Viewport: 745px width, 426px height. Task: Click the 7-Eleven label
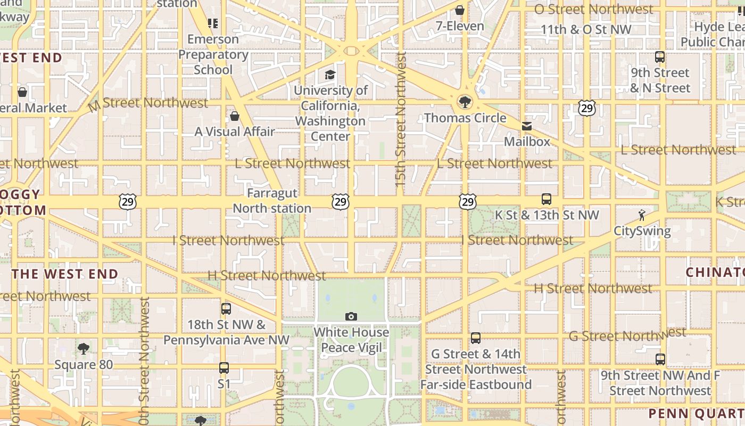click(460, 26)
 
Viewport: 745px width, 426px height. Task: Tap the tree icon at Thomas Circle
click(465, 102)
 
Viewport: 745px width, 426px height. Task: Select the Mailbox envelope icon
click(527, 126)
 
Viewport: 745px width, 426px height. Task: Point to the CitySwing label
click(642, 231)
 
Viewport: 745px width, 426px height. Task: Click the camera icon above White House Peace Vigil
click(351, 317)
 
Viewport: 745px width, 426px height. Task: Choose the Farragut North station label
click(272, 201)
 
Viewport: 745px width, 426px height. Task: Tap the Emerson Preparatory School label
click(213, 54)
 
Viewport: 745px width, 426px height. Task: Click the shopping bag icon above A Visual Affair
click(234, 116)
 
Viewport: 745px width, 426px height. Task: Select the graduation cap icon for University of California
click(330, 75)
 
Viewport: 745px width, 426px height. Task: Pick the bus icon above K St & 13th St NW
click(547, 200)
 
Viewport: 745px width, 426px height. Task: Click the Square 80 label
click(84, 365)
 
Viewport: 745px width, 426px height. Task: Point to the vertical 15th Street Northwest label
click(401, 120)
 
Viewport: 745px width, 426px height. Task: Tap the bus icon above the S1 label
click(224, 367)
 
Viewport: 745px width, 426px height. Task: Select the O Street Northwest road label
click(593, 9)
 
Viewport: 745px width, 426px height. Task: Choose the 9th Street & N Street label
click(660, 80)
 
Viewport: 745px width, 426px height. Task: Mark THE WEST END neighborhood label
click(65, 274)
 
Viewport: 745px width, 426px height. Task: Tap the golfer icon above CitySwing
click(642, 215)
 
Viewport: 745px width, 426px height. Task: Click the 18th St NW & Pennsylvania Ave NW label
click(226, 332)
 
